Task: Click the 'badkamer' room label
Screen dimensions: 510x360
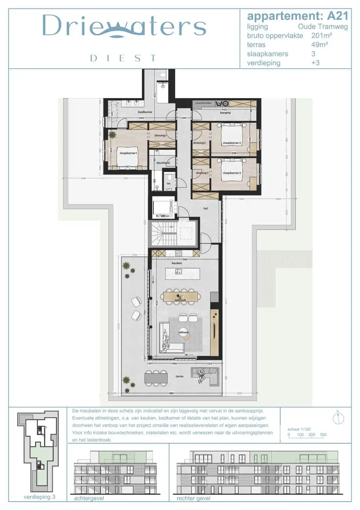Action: (x=145, y=112)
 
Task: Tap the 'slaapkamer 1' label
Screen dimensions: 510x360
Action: (x=128, y=153)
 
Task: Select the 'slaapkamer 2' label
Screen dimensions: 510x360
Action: (x=232, y=143)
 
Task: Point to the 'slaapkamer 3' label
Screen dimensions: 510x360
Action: (x=232, y=173)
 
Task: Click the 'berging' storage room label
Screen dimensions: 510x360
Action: (x=225, y=113)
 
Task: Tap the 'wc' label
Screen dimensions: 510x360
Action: (x=168, y=183)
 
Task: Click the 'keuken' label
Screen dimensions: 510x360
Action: (x=177, y=263)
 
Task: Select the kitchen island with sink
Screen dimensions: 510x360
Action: (x=182, y=274)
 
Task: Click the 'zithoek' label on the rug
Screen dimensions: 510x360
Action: (x=183, y=332)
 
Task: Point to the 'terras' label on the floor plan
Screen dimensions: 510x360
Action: (x=179, y=376)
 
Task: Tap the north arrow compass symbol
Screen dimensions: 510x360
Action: (x=338, y=418)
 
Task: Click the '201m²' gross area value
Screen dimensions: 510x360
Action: (x=321, y=35)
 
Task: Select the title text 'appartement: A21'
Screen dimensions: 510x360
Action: (x=297, y=16)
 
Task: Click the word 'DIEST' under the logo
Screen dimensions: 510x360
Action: (x=123, y=58)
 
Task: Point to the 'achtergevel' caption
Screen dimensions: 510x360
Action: (x=89, y=498)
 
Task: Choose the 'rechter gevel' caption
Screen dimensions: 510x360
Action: (x=193, y=498)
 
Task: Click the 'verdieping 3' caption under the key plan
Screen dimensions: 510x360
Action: (x=39, y=497)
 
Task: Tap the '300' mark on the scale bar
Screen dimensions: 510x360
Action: (x=323, y=435)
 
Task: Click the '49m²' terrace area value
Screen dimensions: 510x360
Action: (x=319, y=45)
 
